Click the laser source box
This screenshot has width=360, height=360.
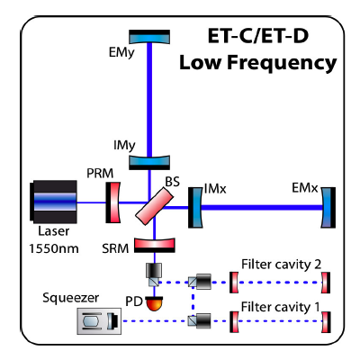click(53, 202)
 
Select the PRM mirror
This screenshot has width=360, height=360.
click(112, 202)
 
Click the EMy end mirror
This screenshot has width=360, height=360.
click(149, 37)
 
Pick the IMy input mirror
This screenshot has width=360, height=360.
click(149, 162)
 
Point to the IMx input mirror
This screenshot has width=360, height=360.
click(195, 208)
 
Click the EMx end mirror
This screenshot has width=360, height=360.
click(328, 208)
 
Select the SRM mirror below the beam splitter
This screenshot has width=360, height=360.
click(154, 245)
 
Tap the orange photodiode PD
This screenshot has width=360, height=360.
click(154, 303)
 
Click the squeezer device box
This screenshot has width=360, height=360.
click(99, 321)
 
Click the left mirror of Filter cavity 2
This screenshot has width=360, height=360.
click(234, 283)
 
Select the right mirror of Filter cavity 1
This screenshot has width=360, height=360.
click(326, 322)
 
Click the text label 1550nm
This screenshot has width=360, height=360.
click(54, 248)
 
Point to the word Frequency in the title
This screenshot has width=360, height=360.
click(282, 63)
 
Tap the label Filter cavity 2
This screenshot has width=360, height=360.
click(281, 265)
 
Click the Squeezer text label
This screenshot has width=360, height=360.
click(70, 298)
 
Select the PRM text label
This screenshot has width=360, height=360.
click(100, 174)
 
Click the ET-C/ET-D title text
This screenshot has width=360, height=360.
click(258, 36)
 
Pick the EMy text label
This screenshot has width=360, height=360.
click(121, 53)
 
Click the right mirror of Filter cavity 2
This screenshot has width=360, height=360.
click(326, 283)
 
